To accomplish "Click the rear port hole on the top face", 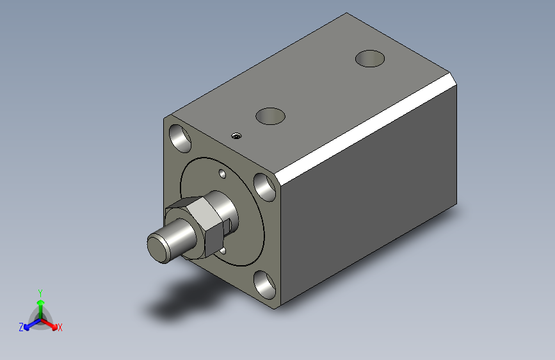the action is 370,58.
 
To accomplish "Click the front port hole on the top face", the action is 270,116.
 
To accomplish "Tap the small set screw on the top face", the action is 236,136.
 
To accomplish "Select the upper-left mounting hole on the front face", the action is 180,138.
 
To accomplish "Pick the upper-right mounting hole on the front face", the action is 265,187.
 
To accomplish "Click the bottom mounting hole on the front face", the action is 265,285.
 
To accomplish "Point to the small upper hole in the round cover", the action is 222,174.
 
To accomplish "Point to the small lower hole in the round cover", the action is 223,251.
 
